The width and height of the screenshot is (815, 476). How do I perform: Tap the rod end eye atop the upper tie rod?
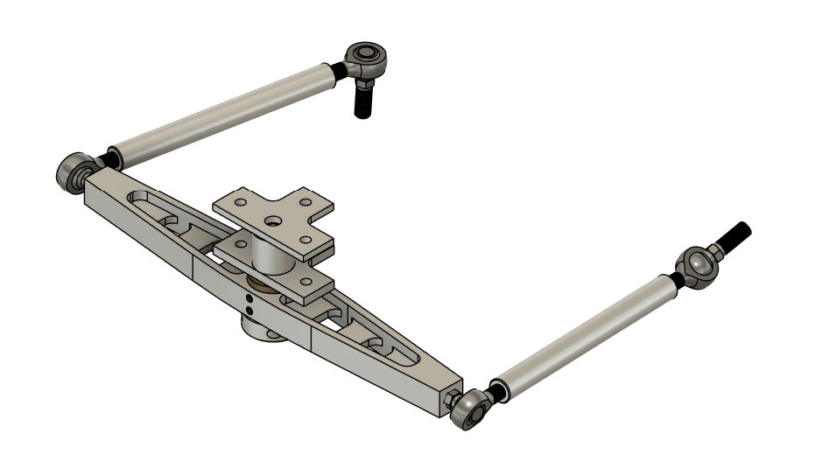coord(364,59)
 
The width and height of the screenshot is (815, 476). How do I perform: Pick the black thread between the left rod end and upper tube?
coord(109,159)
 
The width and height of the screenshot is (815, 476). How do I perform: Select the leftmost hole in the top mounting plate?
coord(226,204)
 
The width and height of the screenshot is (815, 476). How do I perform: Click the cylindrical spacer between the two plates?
coord(272,255)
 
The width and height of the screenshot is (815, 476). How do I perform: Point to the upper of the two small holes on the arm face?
coord(249,298)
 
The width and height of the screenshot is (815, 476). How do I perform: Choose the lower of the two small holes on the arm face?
coord(249,309)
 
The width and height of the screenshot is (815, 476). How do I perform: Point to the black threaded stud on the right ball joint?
coord(733,236)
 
